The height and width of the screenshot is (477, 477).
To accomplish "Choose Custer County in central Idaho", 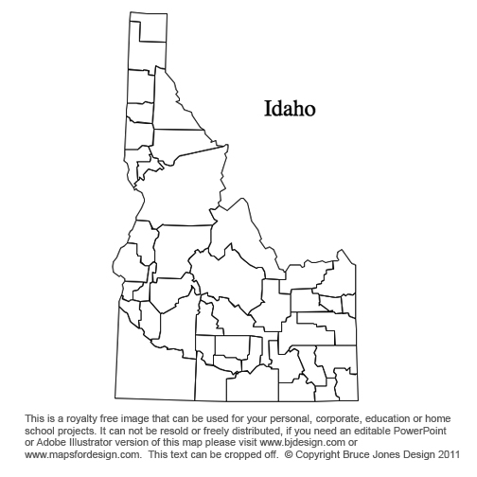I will [x=232, y=279].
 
